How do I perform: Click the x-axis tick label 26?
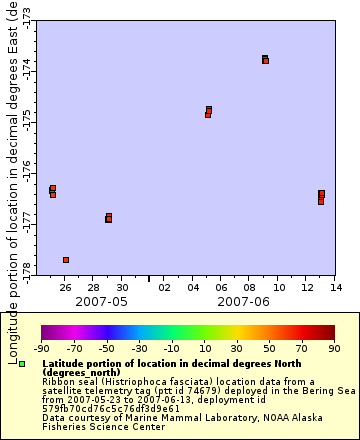coord(66,288)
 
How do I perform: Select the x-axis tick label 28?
coord(93,288)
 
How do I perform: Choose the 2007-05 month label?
coord(101,301)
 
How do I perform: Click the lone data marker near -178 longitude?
coord(66,260)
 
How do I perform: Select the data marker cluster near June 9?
coord(265,59)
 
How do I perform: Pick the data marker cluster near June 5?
coord(208,111)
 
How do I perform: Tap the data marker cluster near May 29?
coord(108,217)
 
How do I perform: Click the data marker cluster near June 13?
coord(321,196)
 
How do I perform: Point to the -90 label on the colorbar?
coord(42,348)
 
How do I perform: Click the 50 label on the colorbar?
coord(269,348)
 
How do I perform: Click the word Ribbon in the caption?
coord(58,381)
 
